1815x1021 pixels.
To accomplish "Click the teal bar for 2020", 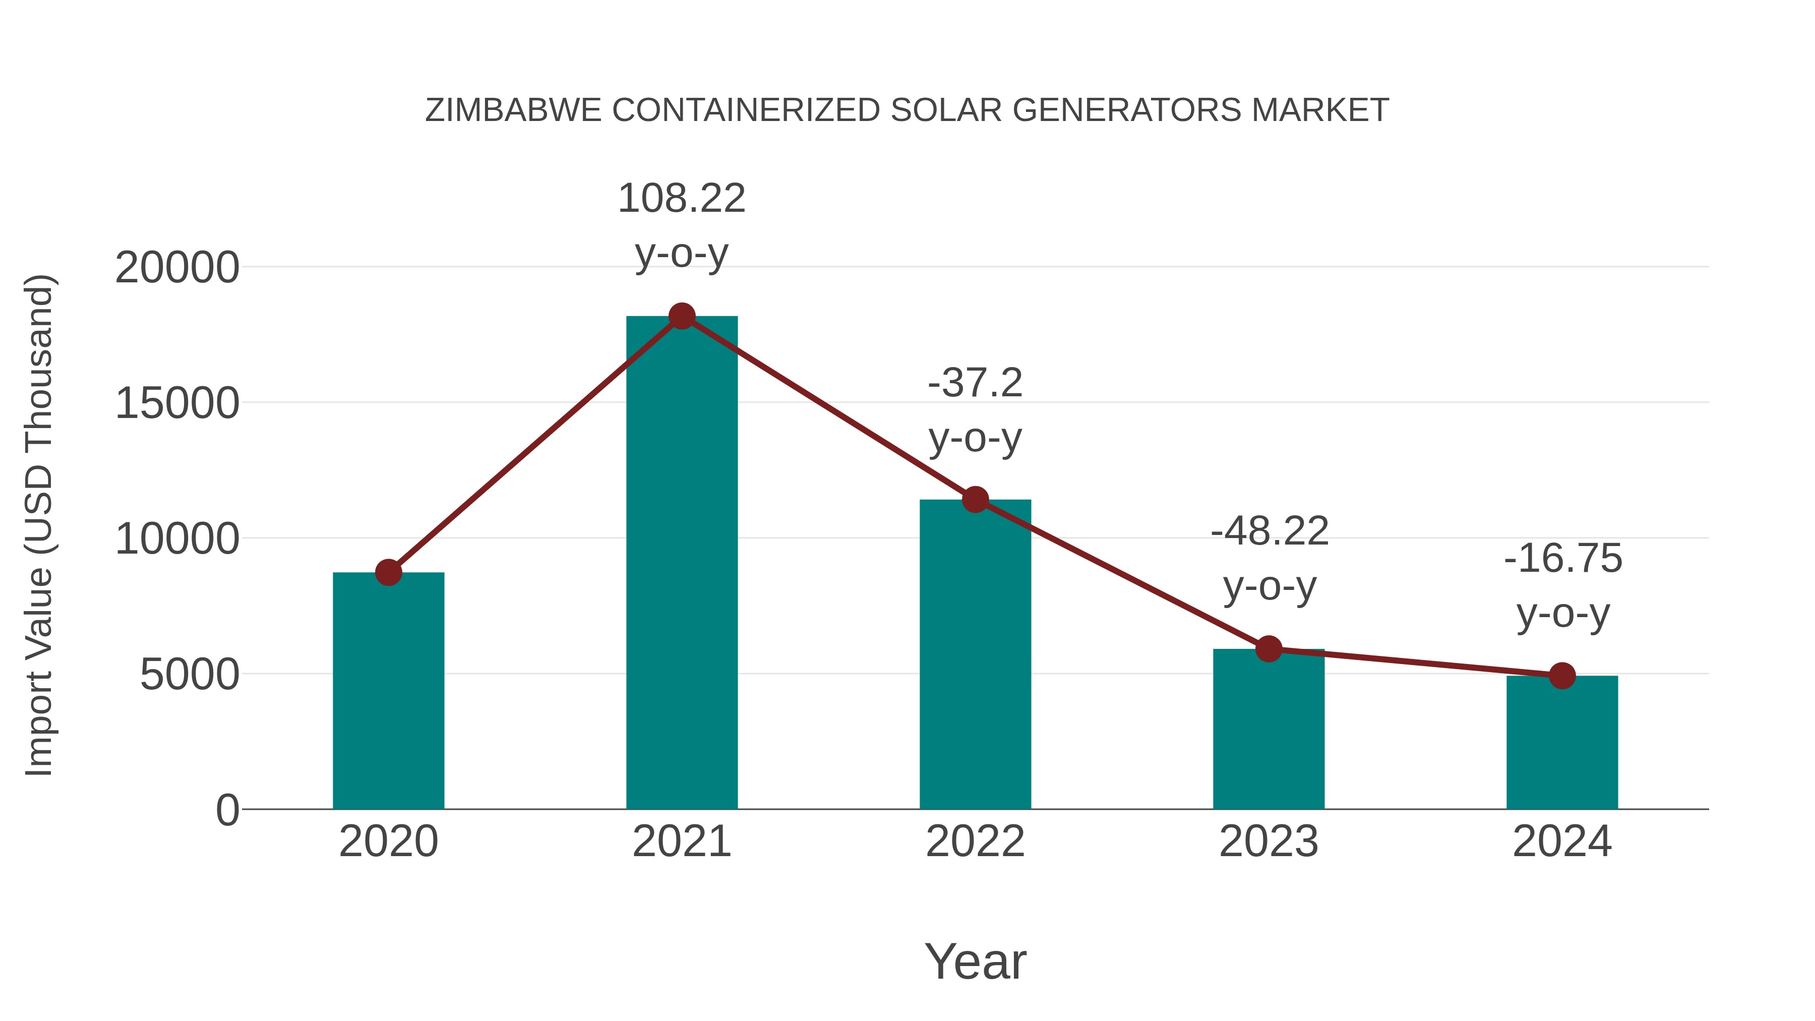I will [388, 691].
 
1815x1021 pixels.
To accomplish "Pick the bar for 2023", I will [1268, 729].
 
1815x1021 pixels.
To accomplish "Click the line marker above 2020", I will [388, 572].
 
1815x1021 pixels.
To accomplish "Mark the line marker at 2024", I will [1562, 676].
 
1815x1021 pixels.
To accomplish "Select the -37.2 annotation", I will [975, 383].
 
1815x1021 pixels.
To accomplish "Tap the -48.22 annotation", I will [1269, 531].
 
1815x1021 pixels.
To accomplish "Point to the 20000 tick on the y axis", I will [177, 268].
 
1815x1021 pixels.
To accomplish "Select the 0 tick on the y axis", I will [227, 810].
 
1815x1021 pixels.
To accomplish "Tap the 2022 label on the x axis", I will [975, 842].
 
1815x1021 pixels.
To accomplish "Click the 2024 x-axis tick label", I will [1562, 842].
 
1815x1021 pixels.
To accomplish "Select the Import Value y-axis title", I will [39, 525].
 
